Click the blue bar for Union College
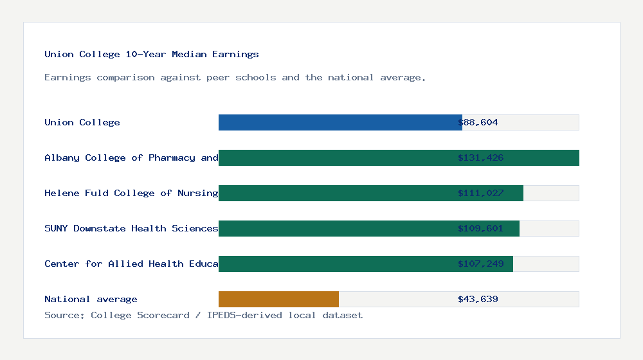tap(340, 122)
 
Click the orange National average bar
tap(278, 299)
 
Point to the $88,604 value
tap(478, 122)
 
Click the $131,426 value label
tap(480, 157)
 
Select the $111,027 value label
tap(480, 193)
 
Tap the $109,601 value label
tap(480, 228)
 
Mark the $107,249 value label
tap(480, 264)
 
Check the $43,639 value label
tap(478, 299)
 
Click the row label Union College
tap(82, 122)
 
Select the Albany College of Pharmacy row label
tap(131, 157)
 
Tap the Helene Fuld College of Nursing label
tap(131, 193)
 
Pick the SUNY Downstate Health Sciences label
tap(131, 228)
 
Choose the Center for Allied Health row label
tap(131, 264)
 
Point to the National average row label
tap(91, 299)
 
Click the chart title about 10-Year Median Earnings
tap(152, 54)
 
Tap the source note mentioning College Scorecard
tap(203, 315)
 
